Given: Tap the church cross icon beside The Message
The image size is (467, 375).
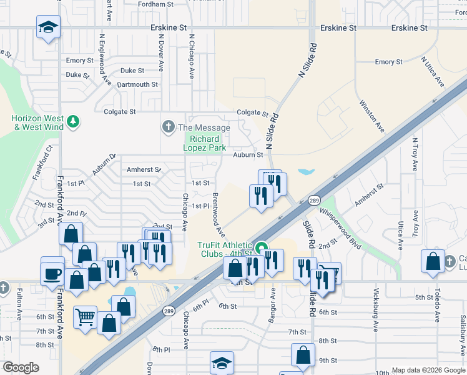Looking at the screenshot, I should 167,127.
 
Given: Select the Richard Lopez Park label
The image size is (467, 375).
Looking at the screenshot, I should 201,143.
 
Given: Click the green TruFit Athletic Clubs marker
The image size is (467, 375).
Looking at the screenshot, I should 263,247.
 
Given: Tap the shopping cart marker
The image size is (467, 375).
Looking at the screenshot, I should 86,317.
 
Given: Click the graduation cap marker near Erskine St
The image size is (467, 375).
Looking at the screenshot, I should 48,27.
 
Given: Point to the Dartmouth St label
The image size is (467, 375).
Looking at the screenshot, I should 137,84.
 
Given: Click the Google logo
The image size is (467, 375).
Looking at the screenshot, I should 21,367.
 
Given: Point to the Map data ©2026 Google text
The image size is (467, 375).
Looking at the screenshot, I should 428,370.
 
